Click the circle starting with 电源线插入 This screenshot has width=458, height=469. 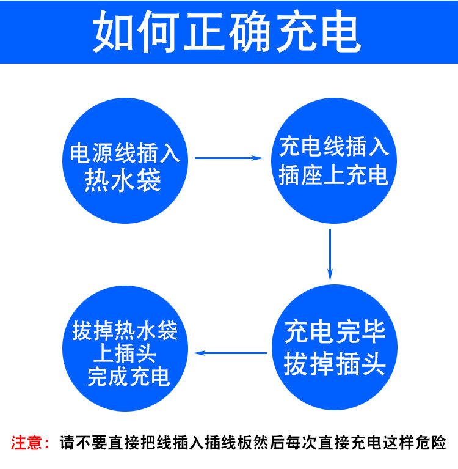(x=125, y=161)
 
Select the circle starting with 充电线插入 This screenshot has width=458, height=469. (x=334, y=161)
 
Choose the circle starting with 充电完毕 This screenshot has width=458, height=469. (x=335, y=347)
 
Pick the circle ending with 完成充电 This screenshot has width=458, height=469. (x=125, y=348)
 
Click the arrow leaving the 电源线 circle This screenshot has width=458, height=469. (x=229, y=158)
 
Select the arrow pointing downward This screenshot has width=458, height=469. (x=330, y=255)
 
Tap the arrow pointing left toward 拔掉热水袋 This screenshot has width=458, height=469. (x=230, y=353)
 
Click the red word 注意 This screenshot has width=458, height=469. (x=26, y=443)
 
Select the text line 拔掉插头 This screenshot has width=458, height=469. (x=335, y=364)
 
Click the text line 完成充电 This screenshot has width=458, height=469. (x=129, y=377)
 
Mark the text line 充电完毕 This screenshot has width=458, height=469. (x=335, y=332)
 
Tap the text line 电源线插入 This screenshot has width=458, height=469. (x=125, y=153)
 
